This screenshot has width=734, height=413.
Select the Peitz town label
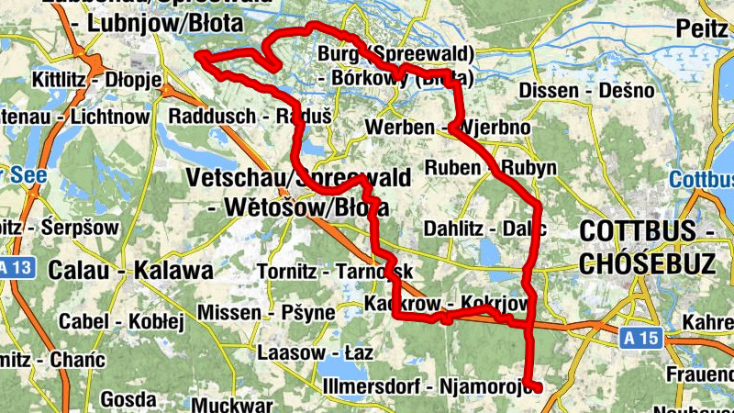(x=703, y=28)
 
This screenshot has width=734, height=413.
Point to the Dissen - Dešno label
(x=586, y=91)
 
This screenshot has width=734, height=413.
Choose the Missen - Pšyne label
(x=266, y=312)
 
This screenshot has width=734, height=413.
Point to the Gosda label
(x=128, y=399)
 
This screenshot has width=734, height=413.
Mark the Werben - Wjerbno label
(x=447, y=127)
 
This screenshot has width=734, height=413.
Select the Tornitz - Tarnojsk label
(x=335, y=273)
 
